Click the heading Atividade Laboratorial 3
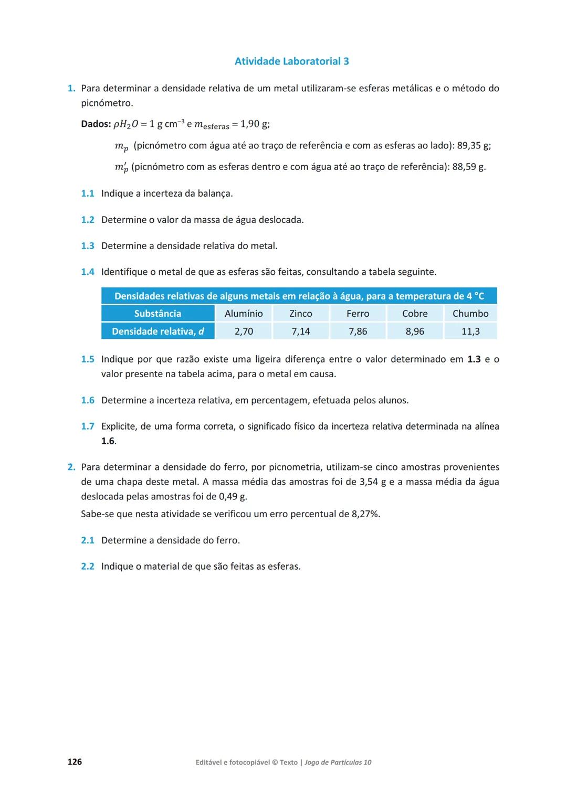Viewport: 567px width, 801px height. pyautogui.click(x=291, y=61)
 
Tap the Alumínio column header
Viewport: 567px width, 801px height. pyautogui.click(x=244, y=314)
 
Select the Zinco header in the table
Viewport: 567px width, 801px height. pyautogui.click(x=301, y=314)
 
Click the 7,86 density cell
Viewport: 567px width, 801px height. pyautogui.click(x=358, y=332)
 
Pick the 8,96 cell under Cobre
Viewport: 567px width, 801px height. pyautogui.click(x=415, y=332)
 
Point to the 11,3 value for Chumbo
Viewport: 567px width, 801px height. pyautogui.click(x=470, y=332)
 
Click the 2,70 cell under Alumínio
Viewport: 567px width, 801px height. pyautogui.click(x=244, y=332)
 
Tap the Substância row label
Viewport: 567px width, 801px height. pyautogui.click(x=157, y=314)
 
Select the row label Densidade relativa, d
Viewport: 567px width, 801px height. pyautogui.click(x=157, y=332)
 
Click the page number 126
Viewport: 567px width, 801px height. pyautogui.click(x=75, y=762)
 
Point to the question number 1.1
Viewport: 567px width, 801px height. pyautogui.click(x=87, y=194)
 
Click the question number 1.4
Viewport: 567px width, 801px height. pyautogui.click(x=87, y=272)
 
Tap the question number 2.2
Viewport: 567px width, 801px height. pyautogui.click(x=87, y=567)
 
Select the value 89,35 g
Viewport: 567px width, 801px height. pyautogui.click(x=472, y=146)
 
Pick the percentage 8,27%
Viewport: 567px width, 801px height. pyautogui.click(x=365, y=514)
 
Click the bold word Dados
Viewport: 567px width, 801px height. pyautogui.click(x=96, y=124)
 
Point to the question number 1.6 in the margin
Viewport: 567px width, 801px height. pyautogui.click(x=87, y=401)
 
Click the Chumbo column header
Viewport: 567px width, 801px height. pyautogui.click(x=470, y=314)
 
